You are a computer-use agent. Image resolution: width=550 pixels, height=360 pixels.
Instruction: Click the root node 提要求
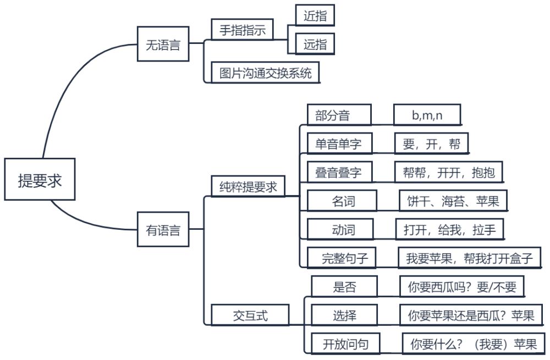[40, 179]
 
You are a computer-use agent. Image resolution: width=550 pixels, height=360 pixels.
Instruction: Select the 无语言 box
[163, 46]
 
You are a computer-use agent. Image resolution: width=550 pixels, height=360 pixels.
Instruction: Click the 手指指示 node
[243, 30]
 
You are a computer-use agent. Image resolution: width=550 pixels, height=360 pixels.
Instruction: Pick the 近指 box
[315, 16]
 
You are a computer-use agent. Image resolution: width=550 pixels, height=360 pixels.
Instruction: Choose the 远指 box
[315, 45]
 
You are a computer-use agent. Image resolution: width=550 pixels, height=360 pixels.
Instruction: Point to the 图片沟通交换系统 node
[265, 73]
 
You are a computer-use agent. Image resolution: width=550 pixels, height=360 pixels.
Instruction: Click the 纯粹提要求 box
[248, 187]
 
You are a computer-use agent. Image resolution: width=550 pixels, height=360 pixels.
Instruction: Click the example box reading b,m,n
[427, 115]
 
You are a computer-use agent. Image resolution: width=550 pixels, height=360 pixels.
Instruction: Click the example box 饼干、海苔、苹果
[453, 201]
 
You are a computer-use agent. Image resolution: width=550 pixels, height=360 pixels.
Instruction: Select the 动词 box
[340, 230]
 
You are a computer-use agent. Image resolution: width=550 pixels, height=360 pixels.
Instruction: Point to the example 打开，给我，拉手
[449, 230]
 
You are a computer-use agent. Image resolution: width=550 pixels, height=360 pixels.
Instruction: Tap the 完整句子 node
[344, 258]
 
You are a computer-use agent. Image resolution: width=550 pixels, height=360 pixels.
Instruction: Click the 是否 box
[344, 287]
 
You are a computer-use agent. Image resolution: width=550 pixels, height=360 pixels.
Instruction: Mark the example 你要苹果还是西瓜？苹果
[471, 315]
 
